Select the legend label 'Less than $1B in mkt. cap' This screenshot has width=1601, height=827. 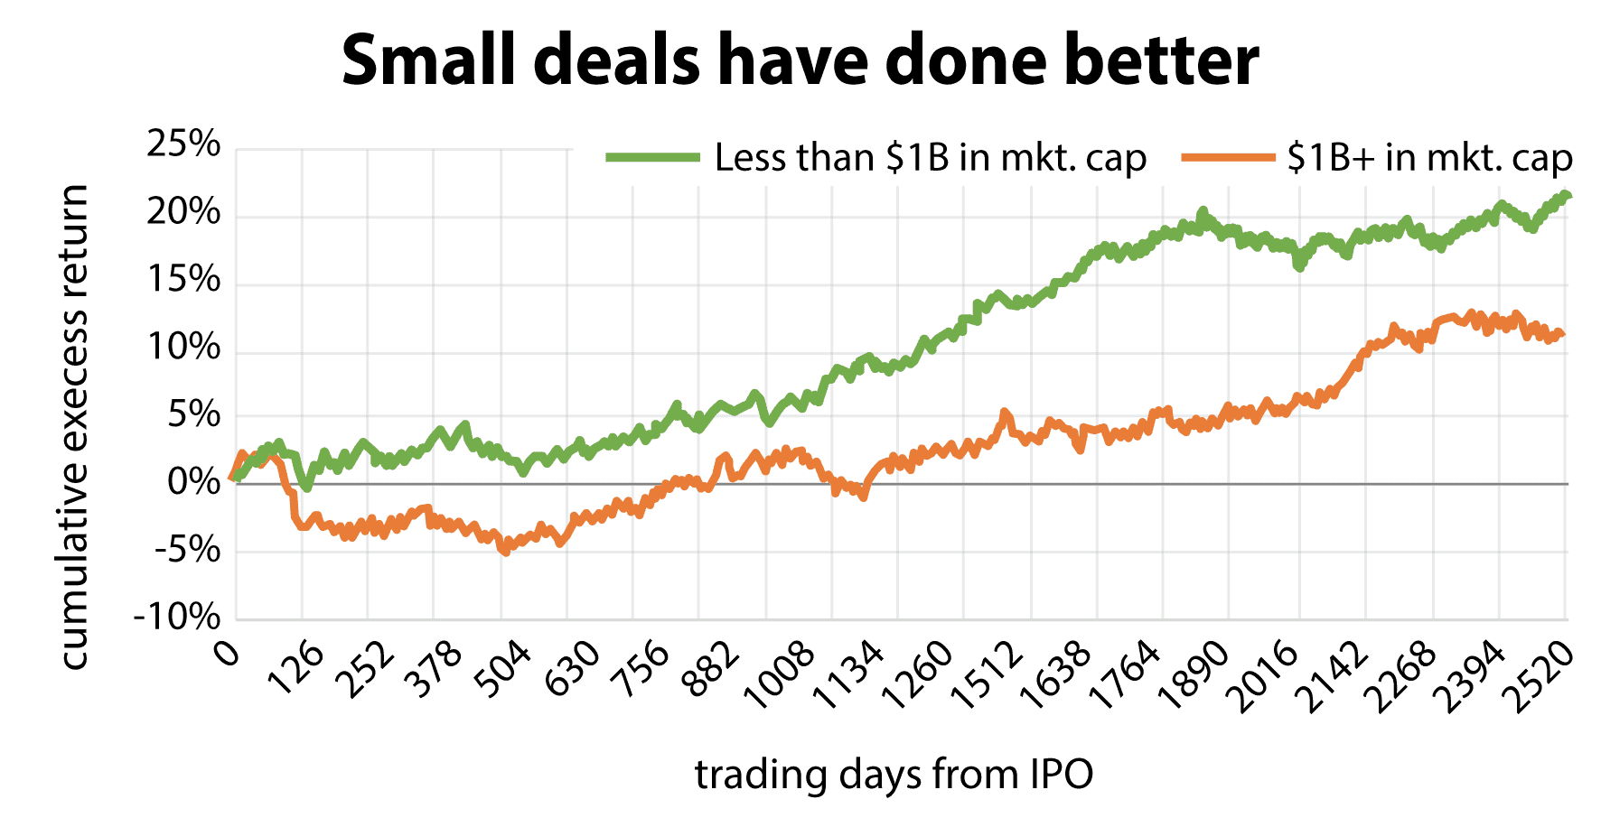pos(930,158)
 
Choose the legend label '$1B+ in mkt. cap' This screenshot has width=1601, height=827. pos(1429,158)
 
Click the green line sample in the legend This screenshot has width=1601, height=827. pos(652,158)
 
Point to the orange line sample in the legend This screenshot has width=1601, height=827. pos(1227,158)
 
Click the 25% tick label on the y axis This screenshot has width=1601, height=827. pos(183,144)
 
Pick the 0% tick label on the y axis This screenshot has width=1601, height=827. pos(193,483)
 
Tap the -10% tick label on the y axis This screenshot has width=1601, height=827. pos(177,618)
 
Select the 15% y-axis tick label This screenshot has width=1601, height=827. pos(183,280)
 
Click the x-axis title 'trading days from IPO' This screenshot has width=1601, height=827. pos(894,775)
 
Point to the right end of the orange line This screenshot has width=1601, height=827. pos(1562,334)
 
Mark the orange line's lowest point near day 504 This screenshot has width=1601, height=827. pos(504,552)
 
